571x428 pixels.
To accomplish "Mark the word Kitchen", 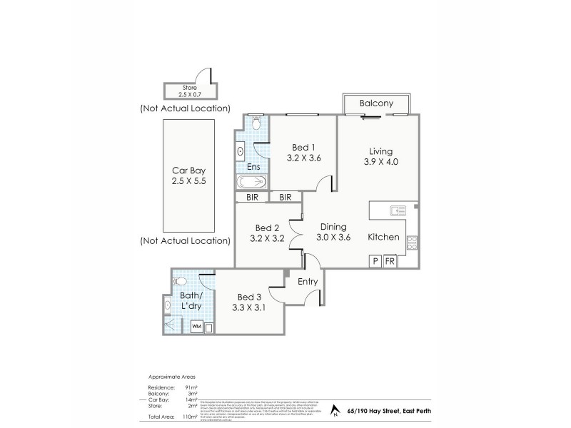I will coord(383,238).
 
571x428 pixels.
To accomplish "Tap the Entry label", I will coord(308,283).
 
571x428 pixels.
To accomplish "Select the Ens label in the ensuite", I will coord(253,167).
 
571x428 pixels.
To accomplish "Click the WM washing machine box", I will coord(198,327).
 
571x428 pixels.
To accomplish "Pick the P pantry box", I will coord(375,262).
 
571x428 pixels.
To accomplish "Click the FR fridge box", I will coord(390,262).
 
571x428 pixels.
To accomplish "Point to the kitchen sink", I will coord(398,210).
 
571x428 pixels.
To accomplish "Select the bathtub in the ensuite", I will coord(251,183).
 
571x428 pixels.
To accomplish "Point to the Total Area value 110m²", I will coord(189,414).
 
